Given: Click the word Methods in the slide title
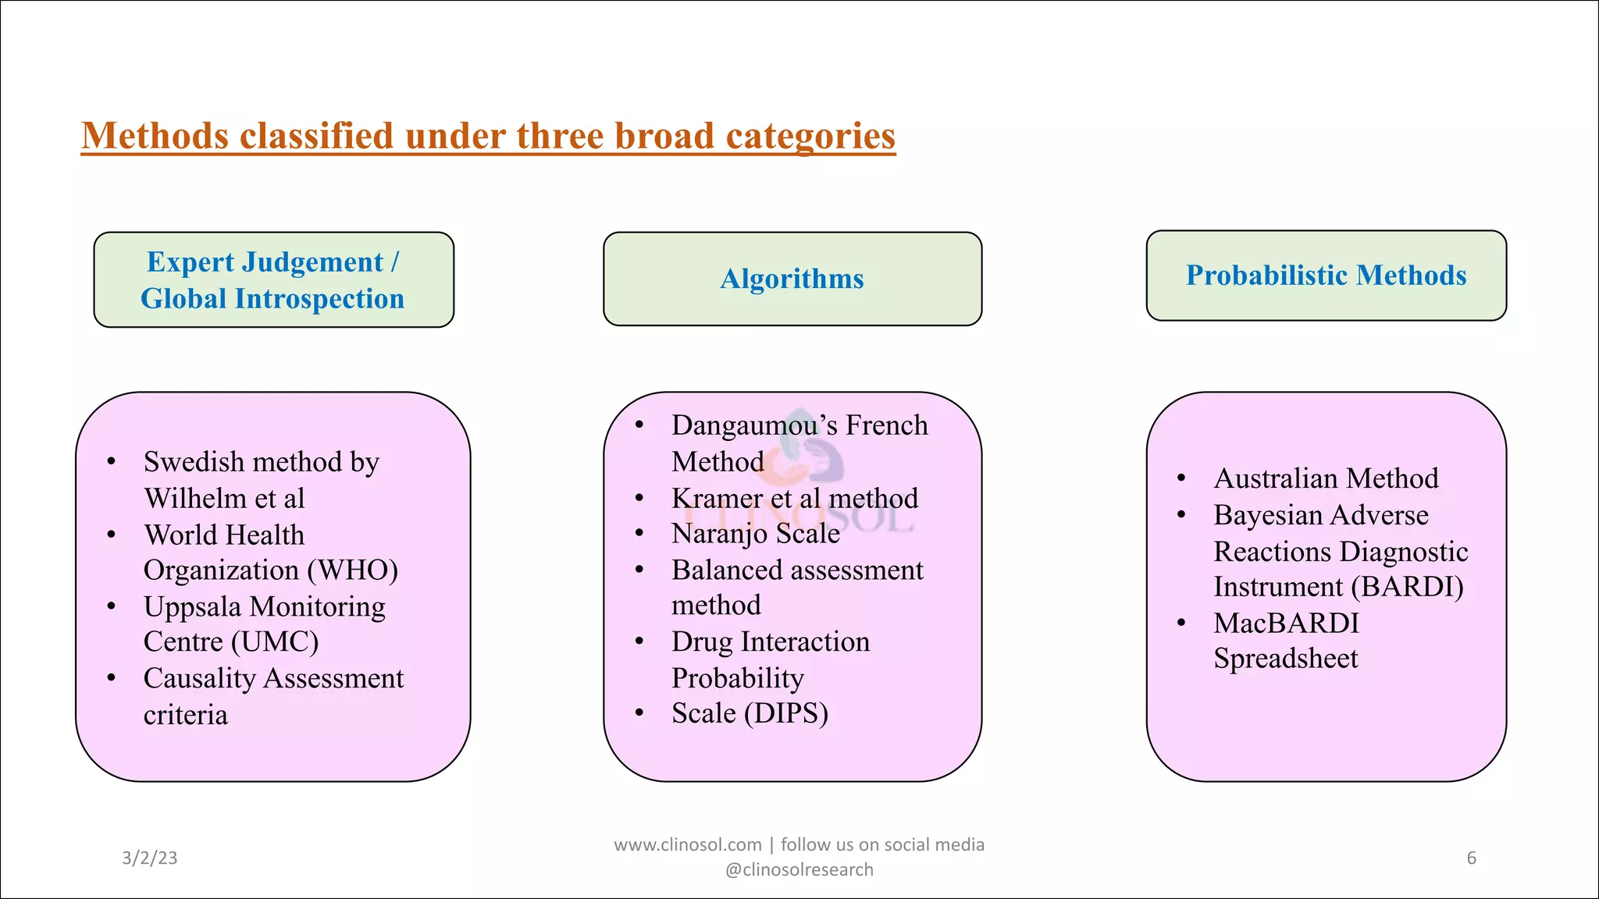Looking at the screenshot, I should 155,136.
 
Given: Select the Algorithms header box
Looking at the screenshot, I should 792,279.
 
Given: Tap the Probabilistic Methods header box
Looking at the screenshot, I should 1326,275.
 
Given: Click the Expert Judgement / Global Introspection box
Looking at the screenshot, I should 273,280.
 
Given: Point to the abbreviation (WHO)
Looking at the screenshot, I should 353,570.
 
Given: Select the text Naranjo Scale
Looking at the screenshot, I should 755,534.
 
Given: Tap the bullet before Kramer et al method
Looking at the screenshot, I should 639,498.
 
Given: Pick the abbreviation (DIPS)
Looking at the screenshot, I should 786,713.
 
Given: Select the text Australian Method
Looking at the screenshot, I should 1326,478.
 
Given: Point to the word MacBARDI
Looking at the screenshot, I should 1286,623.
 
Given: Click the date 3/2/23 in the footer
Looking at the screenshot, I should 150,858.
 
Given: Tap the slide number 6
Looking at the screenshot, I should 1471,858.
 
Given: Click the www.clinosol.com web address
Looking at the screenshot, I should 687,844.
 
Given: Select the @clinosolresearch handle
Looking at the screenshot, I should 799,869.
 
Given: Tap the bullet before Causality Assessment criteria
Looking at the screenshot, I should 112,678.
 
